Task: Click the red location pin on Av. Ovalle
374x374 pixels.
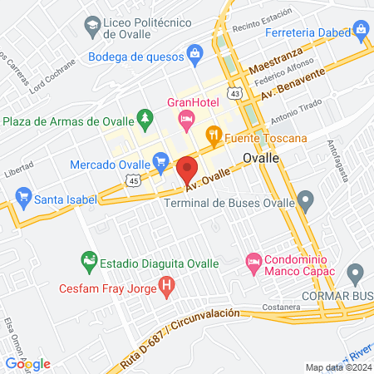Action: tap(187, 170)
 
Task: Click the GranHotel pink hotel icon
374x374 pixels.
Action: tap(187, 121)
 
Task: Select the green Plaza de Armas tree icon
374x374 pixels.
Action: tap(145, 121)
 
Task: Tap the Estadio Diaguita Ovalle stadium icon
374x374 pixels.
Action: tap(88, 263)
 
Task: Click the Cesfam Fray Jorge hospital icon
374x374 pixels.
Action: tap(168, 289)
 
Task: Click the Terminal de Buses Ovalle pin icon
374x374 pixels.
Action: tap(306, 199)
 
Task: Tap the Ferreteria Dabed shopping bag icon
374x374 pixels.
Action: tap(361, 31)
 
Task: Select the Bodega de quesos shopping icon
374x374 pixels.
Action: tap(194, 55)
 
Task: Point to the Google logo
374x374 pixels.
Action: tap(27, 363)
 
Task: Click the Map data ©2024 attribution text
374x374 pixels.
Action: tap(337, 367)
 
